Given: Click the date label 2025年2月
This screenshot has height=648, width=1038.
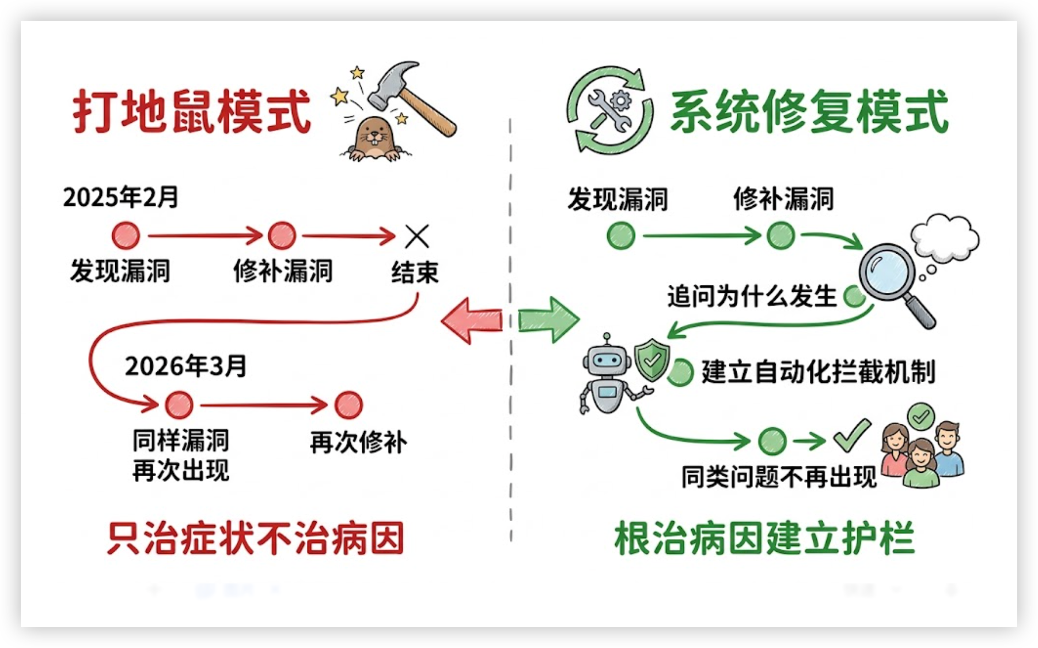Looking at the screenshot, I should click(120, 197).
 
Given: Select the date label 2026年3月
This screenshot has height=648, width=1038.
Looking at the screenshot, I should click(185, 366).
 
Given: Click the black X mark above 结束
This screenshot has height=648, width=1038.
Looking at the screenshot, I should click(417, 236).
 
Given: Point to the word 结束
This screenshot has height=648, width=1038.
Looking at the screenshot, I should click(415, 272).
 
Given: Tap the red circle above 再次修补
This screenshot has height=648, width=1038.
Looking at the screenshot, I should click(348, 405).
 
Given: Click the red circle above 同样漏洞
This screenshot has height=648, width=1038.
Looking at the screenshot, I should click(179, 405).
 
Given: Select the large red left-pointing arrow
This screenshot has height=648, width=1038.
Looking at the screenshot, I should click(471, 321).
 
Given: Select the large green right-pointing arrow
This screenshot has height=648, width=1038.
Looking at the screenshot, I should click(548, 320).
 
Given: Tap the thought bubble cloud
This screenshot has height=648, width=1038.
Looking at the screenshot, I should click(945, 236).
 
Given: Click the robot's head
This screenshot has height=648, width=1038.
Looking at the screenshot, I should click(605, 360).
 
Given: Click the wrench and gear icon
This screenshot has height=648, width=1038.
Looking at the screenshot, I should click(611, 109).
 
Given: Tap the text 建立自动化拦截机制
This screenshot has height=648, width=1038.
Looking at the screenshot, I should click(818, 372).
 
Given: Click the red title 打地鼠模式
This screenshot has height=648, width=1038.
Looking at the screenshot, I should click(192, 111).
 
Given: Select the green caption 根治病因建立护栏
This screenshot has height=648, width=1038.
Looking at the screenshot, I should click(764, 538).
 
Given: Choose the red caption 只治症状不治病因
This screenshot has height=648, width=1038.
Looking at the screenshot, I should click(256, 538).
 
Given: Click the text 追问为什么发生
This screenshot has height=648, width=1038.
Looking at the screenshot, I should click(752, 297).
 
